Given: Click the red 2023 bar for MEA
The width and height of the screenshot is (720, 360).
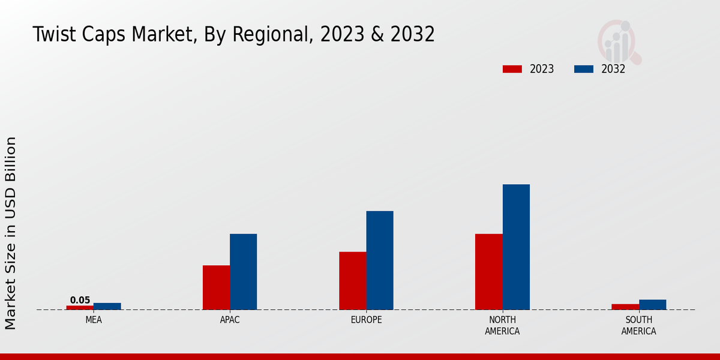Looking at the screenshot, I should [80, 308].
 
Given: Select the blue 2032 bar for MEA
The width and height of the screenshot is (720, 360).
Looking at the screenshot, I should [107, 307].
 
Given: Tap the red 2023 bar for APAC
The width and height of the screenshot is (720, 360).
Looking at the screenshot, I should [216, 287].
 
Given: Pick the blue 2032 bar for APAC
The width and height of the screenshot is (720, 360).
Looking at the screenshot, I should [243, 272].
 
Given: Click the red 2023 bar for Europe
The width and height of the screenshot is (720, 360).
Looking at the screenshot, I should [352, 281].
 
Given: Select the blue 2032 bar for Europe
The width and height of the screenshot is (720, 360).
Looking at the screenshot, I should [380, 260].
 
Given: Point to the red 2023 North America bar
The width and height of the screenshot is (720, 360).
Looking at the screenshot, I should [488, 272].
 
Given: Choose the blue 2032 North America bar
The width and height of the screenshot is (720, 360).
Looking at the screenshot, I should [516, 247].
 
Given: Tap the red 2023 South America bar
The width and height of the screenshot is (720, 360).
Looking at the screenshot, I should [625, 307].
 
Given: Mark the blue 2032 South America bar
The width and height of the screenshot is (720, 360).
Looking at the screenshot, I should [652, 305].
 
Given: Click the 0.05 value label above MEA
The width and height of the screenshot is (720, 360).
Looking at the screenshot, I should [80, 300].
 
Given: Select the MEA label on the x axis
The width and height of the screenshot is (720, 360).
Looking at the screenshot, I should [94, 320].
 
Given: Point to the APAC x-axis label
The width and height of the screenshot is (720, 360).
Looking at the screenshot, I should [230, 320].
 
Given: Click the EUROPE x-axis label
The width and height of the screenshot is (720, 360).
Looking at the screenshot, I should [366, 320].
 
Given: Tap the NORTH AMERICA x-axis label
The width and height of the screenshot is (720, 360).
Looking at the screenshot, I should [502, 325].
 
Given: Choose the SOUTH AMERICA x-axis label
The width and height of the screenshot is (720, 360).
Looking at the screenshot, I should [638, 325].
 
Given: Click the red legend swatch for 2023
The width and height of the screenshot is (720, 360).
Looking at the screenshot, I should [512, 69].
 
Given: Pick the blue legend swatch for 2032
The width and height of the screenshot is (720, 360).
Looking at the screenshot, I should [583, 69].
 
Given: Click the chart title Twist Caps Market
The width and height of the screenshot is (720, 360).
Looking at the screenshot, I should [233, 34].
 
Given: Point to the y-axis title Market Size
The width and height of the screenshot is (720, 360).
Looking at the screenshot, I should [11, 233].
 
